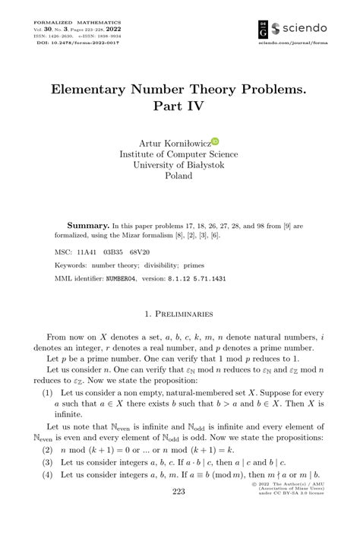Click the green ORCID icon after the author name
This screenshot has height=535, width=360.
[x=215, y=141]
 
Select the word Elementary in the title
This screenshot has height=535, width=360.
[x=98, y=88]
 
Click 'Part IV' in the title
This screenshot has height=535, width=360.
[x=179, y=106]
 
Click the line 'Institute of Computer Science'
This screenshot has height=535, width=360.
[x=179, y=154]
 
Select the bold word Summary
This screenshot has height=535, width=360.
[x=88, y=226]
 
